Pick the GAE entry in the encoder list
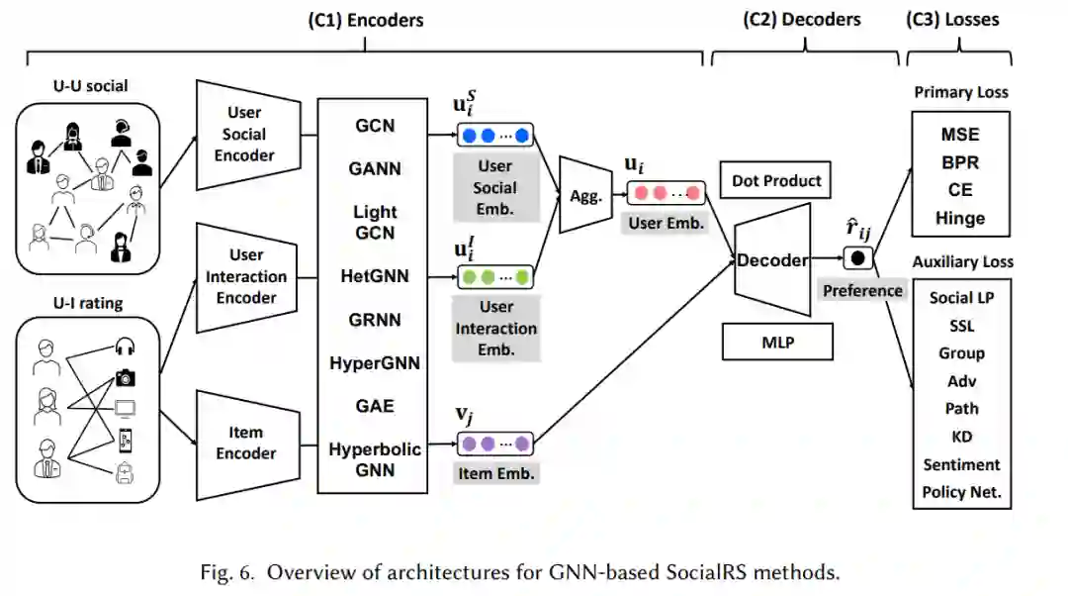375,405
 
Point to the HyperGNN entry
375,363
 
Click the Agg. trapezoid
584,196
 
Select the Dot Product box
776,181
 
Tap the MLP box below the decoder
776,343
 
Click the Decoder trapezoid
772,261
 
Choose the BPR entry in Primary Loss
960,161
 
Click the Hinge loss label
960,218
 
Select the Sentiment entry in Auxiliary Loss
961,464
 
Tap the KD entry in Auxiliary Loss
961,436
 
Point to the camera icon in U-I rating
126,377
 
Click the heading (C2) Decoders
801,19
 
